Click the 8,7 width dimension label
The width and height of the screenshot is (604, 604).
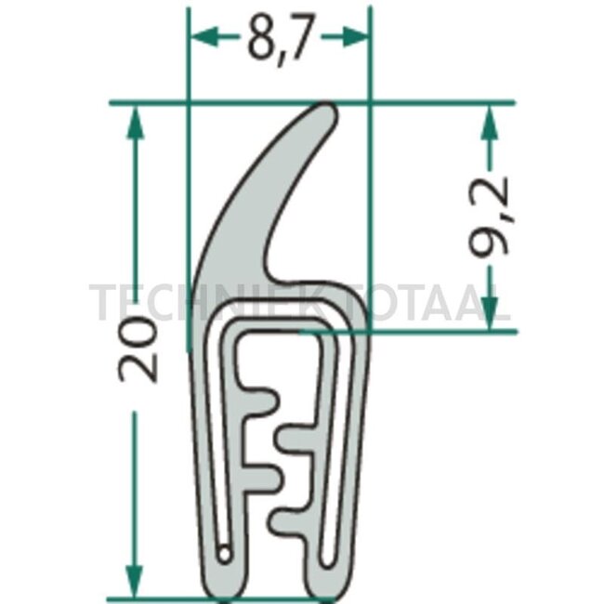(x=280, y=39)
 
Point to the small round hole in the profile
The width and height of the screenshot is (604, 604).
(x=224, y=555)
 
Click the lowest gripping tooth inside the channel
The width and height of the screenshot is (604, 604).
(x=288, y=519)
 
